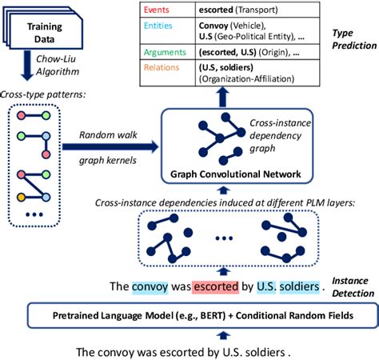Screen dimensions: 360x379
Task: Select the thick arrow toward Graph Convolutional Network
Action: pos(109,147)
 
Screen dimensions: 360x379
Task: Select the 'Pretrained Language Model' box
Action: pos(189,315)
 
